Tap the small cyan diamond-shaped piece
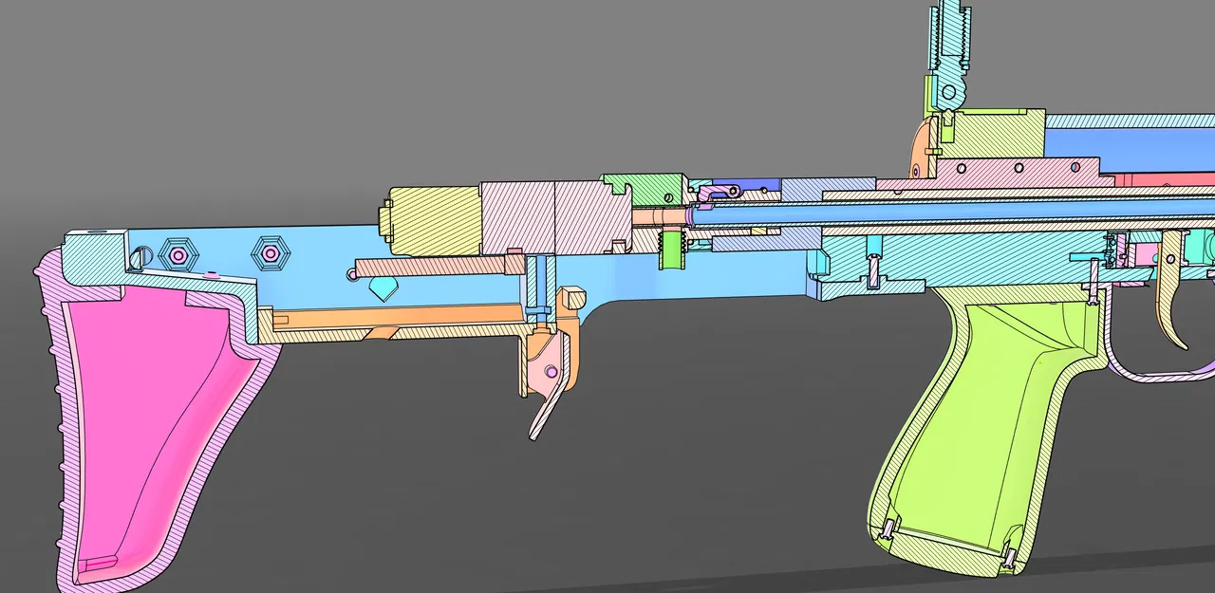point(383,289)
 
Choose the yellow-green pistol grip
point(978,427)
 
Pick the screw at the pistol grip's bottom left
point(888,529)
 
